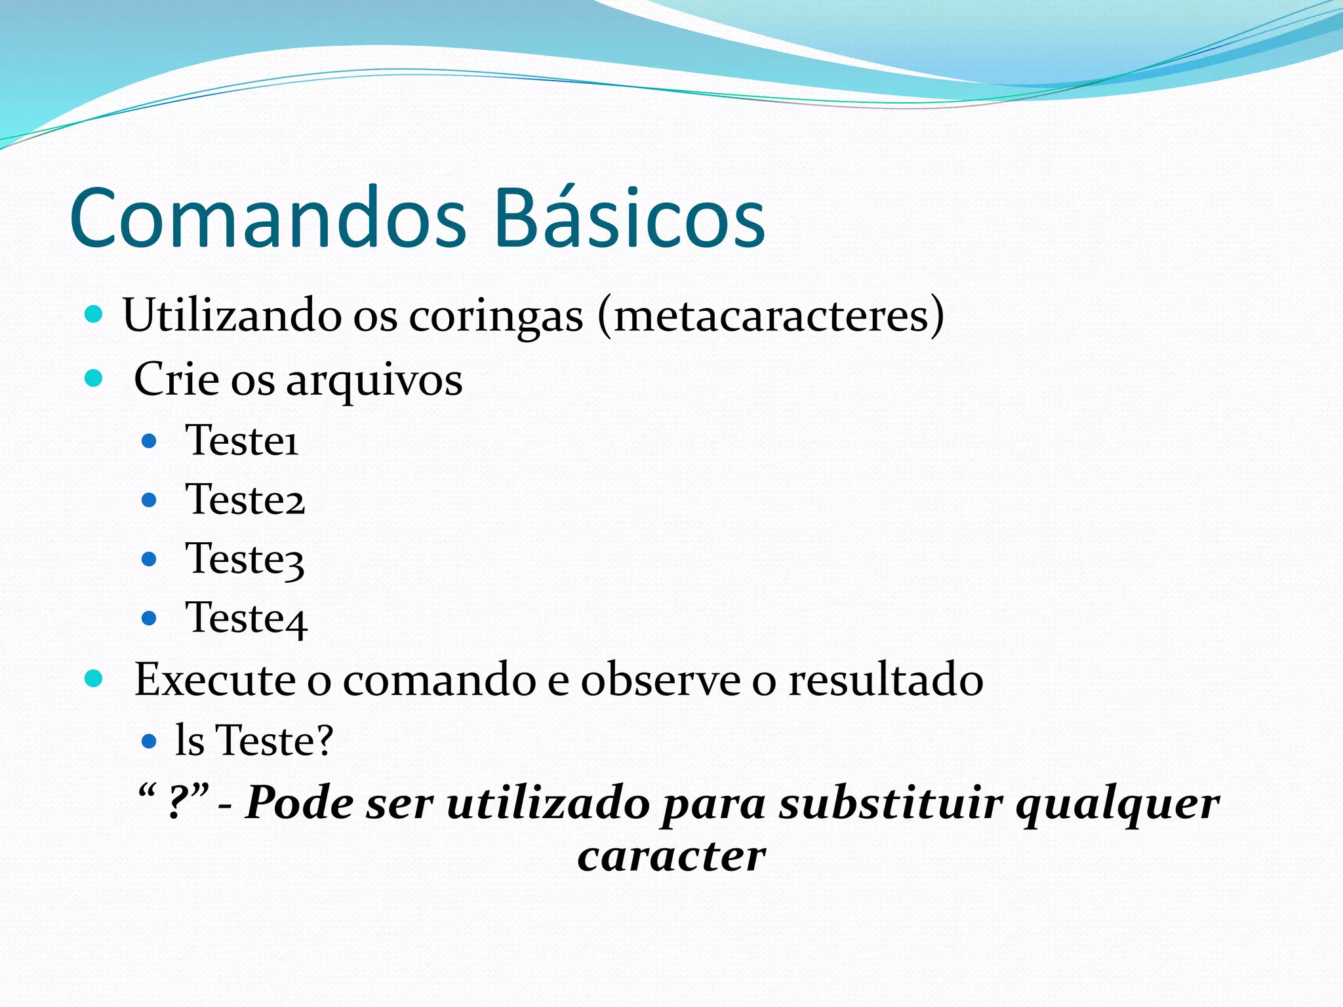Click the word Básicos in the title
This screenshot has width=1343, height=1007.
pos(630,218)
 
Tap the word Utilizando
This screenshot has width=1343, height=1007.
pos(231,315)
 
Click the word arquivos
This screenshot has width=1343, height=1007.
pos(374,380)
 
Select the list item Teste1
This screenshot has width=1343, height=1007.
pos(242,440)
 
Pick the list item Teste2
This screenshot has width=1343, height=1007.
pos(245,500)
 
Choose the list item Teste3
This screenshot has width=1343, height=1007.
pos(245,559)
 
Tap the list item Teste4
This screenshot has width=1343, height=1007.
pos(247,618)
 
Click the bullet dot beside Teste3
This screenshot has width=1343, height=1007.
pos(150,559)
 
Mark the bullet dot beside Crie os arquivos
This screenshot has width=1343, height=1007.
pos(94,378)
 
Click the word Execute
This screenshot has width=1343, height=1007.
pos(214,679)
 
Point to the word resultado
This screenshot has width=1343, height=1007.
pos(885,679)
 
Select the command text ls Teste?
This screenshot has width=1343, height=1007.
pos(254,741)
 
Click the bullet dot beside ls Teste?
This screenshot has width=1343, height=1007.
pos(150,741)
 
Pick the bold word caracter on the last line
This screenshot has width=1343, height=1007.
pos(671,856)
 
